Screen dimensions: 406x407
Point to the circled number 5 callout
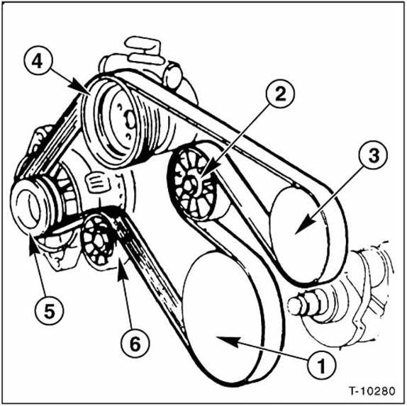tap(42, 310)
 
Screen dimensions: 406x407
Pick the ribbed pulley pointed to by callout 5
tap(33, 209)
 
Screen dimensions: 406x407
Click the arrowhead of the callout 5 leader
tap(30, 245)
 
